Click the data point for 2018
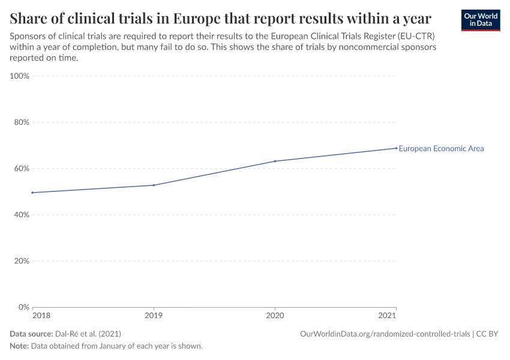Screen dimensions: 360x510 tap(32, 193)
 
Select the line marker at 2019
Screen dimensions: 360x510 tap(154, 185)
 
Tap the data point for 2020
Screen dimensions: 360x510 tap(275, 161)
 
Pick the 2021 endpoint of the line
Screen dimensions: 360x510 tap(396, 148)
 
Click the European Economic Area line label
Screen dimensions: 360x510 tap(441, 149)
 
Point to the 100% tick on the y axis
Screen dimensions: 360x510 tap(20, 76)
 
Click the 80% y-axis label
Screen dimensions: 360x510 tap(22, 122)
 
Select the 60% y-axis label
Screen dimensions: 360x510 tap(22, 169)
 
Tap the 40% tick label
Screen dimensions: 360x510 tap(22, 215)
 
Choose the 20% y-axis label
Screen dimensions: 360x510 tap(22, 261)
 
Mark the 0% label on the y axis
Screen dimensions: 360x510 tap(24, 307)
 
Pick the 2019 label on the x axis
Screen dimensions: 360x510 tap(154, 315)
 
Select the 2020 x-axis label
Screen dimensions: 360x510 tap(275, 315)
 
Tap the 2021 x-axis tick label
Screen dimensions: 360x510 tap(388, 315)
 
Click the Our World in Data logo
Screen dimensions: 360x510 tap(480, 20)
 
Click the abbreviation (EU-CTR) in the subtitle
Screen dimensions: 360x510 tap(413, 35)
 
